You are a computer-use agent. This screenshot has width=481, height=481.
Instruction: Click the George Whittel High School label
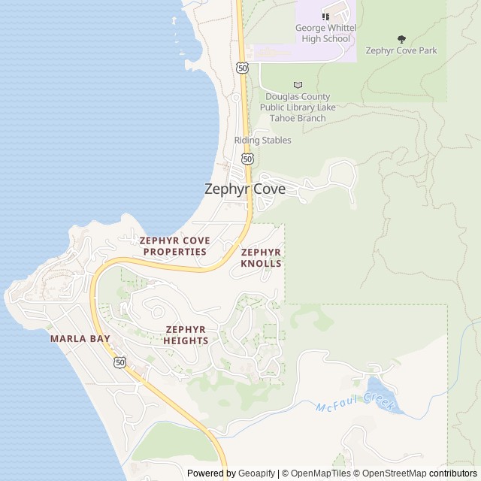(x=325, y=34)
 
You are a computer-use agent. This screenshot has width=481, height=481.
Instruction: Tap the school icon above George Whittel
(x=325, y=17)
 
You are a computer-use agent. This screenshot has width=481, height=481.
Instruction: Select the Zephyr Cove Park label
(x=401, y=51)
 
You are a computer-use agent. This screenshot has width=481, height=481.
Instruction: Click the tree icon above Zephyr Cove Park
(x=401, y=39)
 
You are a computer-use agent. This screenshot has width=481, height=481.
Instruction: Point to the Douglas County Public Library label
(x=298, y=107)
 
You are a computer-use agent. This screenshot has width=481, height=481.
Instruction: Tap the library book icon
(x=298, y=85)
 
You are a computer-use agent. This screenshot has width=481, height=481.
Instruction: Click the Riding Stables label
(x=262, y=141)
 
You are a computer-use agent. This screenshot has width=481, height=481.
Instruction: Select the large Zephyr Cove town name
(x=245, y=189)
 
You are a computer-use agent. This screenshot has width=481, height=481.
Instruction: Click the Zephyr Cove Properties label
(x=174, y=247)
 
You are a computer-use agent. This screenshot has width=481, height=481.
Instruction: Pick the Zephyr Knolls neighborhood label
(x=262, y=258)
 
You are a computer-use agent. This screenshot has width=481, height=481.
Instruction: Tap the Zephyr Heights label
(x=186, y=335)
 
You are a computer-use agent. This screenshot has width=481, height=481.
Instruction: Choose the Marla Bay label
(x=80, y=339)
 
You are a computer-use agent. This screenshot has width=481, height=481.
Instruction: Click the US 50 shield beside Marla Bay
(x=120, y=362)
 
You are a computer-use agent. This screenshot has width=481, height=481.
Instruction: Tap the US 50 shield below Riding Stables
(x=248, y=159)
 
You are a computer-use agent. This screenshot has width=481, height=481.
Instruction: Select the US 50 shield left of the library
(x=242, y=68)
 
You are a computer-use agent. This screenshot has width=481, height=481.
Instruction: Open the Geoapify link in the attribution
(x=256, y=473)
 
